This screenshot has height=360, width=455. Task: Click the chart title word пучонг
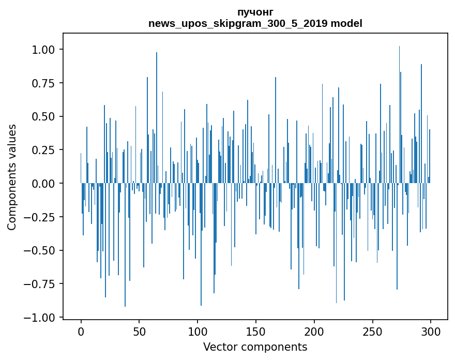(255, 12)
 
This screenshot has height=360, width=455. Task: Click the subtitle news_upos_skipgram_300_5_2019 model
(255, 23)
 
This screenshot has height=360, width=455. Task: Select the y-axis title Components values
(12, 177)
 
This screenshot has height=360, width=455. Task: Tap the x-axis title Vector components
(255, 347)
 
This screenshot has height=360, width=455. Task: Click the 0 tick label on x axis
(81, 332)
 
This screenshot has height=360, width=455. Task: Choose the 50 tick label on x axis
(139, 332)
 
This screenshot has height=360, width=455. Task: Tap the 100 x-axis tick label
(198, 332)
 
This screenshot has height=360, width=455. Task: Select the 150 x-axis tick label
(256, 332)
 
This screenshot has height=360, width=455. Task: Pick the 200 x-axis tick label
(314, 332)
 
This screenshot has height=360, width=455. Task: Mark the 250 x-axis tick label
(372, 332)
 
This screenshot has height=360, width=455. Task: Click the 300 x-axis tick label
(431, 332)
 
